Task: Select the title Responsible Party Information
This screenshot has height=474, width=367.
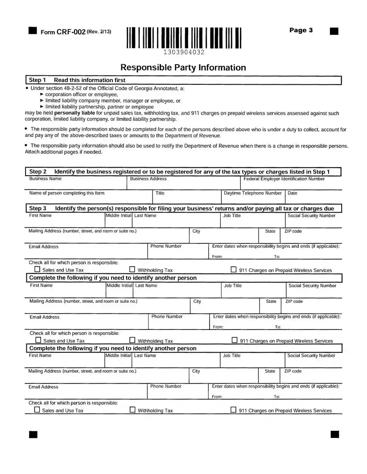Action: [x=183, y=68]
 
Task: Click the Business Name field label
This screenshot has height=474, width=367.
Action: [x=45, y=179]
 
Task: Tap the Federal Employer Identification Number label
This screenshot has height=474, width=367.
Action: [x=284, y=179]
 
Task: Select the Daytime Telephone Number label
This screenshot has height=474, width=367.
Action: [x=252, y=193]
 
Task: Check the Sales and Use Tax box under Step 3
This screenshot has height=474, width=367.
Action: [x=37, y=269]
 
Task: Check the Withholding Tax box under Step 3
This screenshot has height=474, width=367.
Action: [x=132, y=269]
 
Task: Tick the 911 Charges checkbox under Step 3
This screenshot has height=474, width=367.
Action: [x=233, y=269]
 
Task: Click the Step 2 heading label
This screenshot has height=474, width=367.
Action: [x=38, y=172]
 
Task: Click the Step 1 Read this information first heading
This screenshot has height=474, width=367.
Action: [x=77, y=80]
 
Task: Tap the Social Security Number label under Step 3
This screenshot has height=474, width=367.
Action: [x=311, y=215]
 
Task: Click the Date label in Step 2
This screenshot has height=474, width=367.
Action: [x=293, y=193]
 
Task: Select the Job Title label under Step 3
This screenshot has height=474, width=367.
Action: [x=232, y=215]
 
